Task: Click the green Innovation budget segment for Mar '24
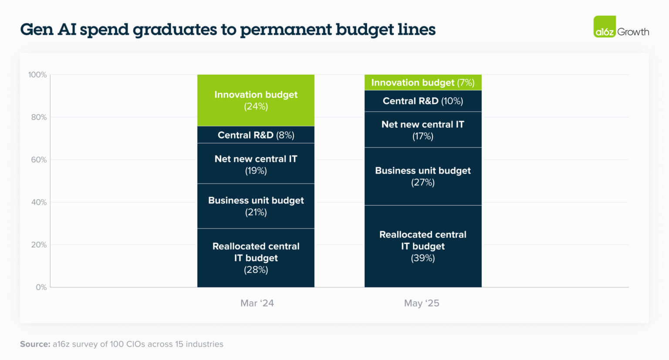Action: pos(256,100)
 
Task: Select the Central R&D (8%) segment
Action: pos(256,135)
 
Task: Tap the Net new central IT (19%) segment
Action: pos(256,164)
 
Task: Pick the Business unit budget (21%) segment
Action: pos(256,206)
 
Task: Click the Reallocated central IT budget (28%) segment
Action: pos(256,258)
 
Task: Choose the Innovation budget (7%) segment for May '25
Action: pos(422,82)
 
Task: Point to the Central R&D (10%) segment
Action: pos(422,101)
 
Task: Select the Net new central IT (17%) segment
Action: pos(422,130)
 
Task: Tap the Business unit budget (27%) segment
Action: pos(422,177)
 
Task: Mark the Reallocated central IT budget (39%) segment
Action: pos(422,246)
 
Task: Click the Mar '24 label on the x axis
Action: pos(257,303)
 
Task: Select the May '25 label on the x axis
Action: pos(422,303)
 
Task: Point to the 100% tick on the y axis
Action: pos(37,75)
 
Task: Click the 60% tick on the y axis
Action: pos(39,160)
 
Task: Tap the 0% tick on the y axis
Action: pos(41,287)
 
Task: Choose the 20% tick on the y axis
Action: pos(39,245)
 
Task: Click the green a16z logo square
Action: pos(605,27)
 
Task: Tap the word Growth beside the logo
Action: pos(633,32)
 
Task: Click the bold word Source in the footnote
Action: pos(35,344)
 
